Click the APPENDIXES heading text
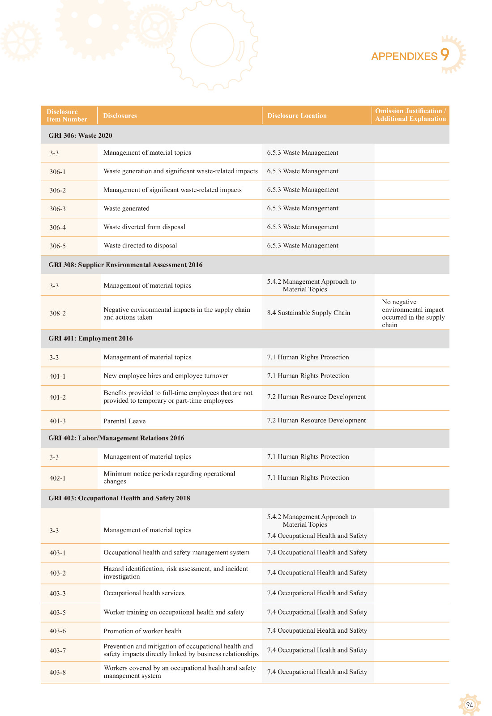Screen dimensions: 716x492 (x=404, y=56)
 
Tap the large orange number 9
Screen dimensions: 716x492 (x=445, y=55)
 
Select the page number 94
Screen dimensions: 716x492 (x=469, y=705)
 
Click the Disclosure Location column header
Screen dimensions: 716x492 (x=297, y=115)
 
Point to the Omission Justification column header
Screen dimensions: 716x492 (x=410, y=115)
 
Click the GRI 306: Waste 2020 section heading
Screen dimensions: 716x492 (x=80, y=136)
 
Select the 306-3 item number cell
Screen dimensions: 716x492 (x=57, y=209)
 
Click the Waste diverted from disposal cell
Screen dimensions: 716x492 (x=144, y=227)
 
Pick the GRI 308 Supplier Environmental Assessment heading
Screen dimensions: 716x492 (x=125, y=265)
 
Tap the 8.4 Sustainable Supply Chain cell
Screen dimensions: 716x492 (x=308, y=313)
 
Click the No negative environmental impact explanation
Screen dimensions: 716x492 (x=413, y=313)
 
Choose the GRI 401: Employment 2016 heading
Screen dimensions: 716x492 (x=90, y=338)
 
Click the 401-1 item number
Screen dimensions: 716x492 (x=57, y=376)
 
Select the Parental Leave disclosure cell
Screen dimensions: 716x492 (x=124, y=421)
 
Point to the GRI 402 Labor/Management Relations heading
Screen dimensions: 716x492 (x=116, y=438)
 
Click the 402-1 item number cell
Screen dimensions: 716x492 (x=57, y=478)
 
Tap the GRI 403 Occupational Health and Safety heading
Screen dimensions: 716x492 (x=119, y=498)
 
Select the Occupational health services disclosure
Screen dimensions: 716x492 (x=144, y=593)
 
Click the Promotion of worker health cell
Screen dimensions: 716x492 (x=142, y=631)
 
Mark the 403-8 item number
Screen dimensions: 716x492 (x=57, y=673)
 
